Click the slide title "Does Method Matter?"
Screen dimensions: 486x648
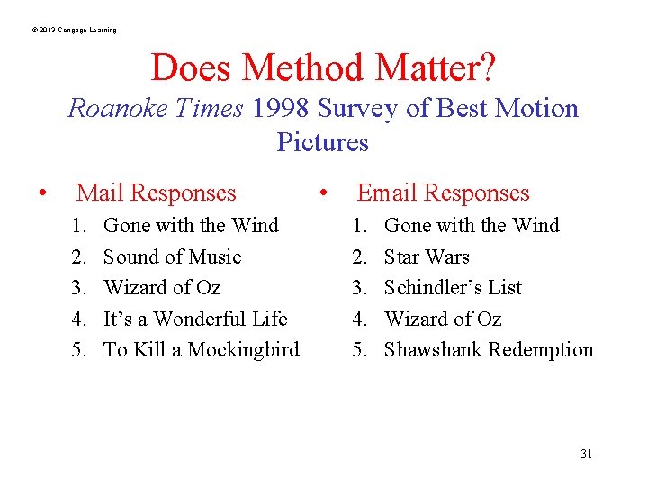pyautogui.click(x=323, y=67)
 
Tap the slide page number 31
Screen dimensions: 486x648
pyautogui.click(x=586, y=454)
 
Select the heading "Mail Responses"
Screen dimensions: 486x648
pyautogui.click(x=156, y=193)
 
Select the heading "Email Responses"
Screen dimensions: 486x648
pyautogui.click(x=443, y=193)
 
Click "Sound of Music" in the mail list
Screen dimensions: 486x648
pyautogui.click(x=172, y=256)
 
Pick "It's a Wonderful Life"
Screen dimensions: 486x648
pyautogui.click(x=195, y=319)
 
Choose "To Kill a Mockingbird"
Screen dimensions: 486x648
pyautogui.click(x=201, y=349)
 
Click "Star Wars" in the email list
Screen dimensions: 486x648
pyautogui.click(x=427, y=256)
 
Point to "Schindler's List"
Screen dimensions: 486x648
pyautogui.click(x=453, y=287)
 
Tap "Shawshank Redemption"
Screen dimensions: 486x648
pyautogui.click(x=489, y=349)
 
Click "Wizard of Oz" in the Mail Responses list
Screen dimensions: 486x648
pyautogui.click(x=162, y=287)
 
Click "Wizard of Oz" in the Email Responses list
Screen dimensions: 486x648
pyautogui.click(x=442, y=319)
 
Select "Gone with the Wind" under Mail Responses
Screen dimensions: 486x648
pyautogui.click(x=191, y=225)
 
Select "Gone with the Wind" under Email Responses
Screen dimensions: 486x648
pyautogui.click(x=472, y=225)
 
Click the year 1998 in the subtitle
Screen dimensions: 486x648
pyautogui.click(x=282, y=109)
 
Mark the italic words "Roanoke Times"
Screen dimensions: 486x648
pyautogui.click(x=156, y=109)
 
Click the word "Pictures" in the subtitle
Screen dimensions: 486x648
pyautogui.click(x=322, y=142)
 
